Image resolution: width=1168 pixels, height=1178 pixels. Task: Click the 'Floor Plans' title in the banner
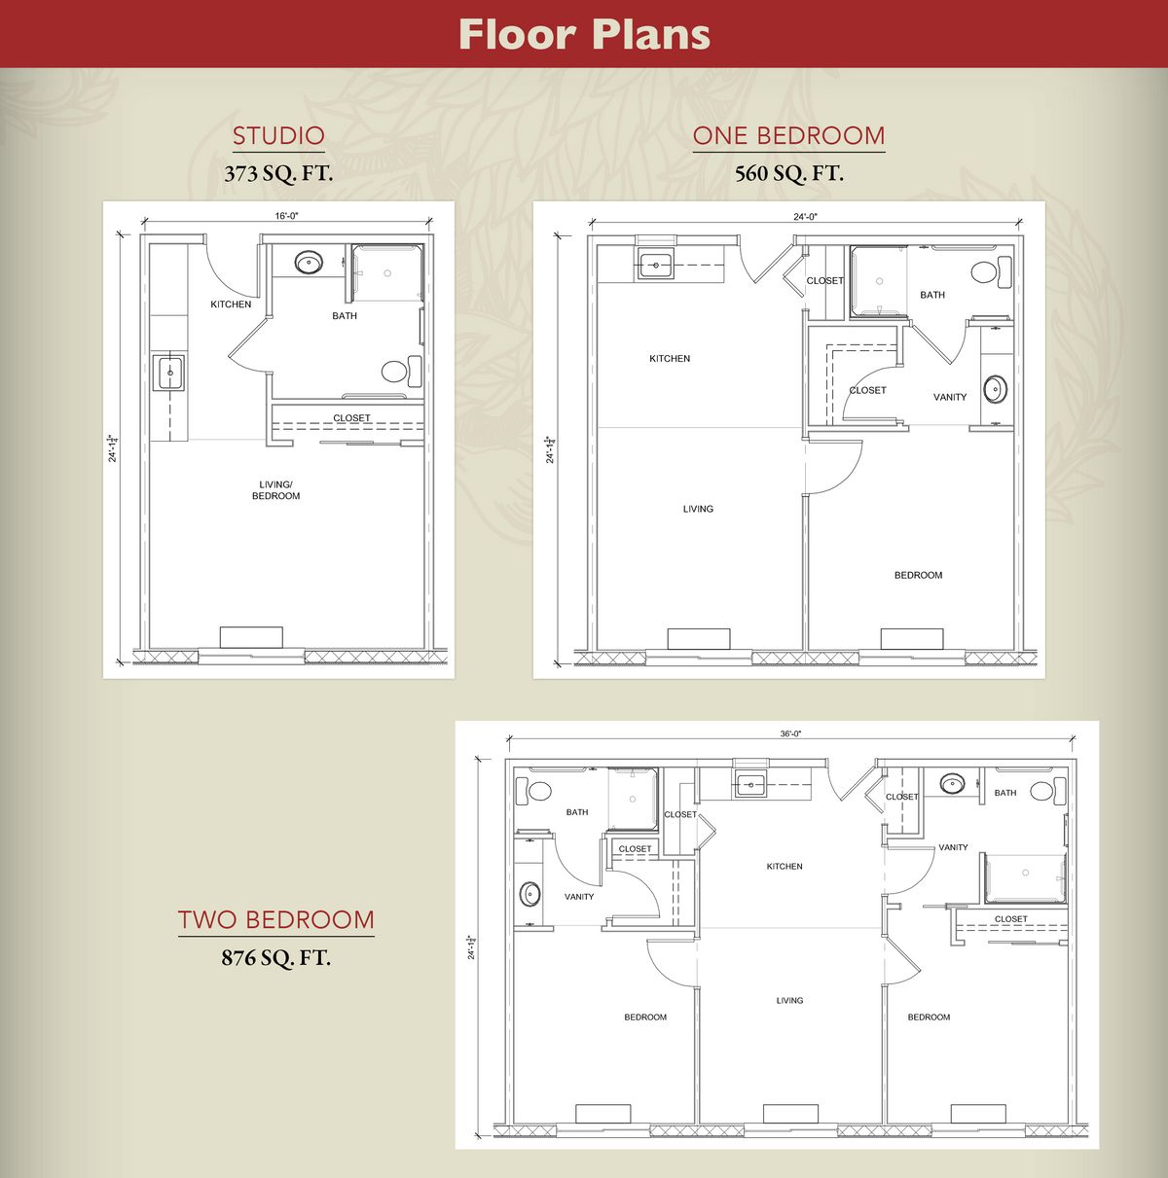(x=584, y=34)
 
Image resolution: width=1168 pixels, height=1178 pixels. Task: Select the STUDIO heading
(x=278, y=136)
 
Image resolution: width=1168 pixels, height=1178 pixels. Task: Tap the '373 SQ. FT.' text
(x=278, y=173)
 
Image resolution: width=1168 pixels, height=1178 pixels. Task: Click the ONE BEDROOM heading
(x=788, y=136)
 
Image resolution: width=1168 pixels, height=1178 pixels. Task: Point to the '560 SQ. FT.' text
(x=789, y=173)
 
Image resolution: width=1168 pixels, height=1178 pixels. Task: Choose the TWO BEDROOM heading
(x=275, y=920)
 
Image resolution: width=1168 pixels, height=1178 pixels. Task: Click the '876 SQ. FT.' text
(x=275, y=957)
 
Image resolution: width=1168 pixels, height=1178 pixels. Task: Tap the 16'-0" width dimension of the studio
(x=286, y=216)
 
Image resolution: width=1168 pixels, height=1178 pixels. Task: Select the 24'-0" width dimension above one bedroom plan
(x=805, y=216)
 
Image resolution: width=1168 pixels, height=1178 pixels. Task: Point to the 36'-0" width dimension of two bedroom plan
(x=790, y=734)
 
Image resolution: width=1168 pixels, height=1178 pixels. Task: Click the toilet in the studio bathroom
(x=402, y=371)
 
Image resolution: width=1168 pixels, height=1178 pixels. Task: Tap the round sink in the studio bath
(x=308, y=263)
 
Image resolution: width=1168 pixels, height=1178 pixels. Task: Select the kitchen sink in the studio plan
(x=169, y=373)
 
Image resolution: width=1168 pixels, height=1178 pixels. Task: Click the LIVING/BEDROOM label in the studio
(x=275, y=490)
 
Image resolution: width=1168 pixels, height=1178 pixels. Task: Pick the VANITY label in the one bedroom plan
(x=950, y=397)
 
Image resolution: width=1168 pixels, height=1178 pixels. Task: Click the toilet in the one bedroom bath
(x=991, y=272)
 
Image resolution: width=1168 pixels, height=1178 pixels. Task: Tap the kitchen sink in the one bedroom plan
(x=656, y=266)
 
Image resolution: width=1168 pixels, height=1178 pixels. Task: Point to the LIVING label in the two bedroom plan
(x=789, y=1001)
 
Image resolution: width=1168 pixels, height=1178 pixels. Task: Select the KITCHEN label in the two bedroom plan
(x=785, y=866)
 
